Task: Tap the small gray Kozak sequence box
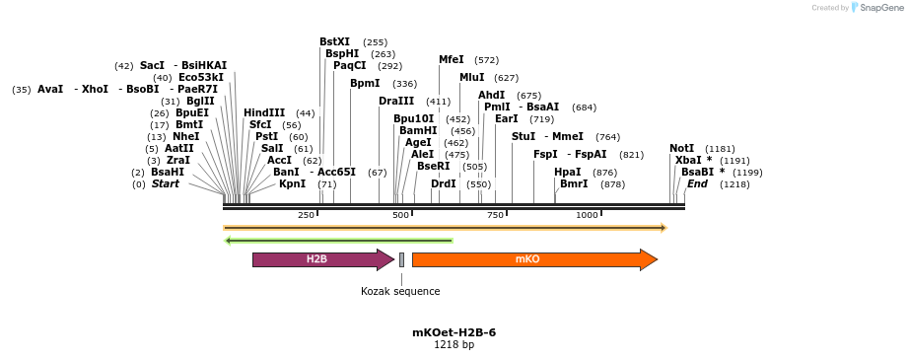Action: (x=401, y=259)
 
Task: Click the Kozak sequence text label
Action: (x=400, y=291)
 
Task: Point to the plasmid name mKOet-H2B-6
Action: (x=454, y=332)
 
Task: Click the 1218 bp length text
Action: (x=454, y=345)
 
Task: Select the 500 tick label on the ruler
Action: (x=400, y=215)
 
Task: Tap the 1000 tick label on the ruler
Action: (x=587, y=215)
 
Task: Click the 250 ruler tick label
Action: (x=306, y=215)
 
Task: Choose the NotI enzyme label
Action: (x=681, y=149)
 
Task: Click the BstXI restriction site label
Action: (x=334, y=42)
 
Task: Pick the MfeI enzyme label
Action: (x=451, y=60)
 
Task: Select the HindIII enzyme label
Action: (x=264, y=113)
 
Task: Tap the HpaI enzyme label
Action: (x=567, y=173)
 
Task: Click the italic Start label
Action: (x=165, y=184)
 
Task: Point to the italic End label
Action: (x=697, y=184)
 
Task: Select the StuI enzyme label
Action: (x=524, y=137)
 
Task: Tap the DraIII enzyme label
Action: (x=396, y=102)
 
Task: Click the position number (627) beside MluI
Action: (x=506, y=78)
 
